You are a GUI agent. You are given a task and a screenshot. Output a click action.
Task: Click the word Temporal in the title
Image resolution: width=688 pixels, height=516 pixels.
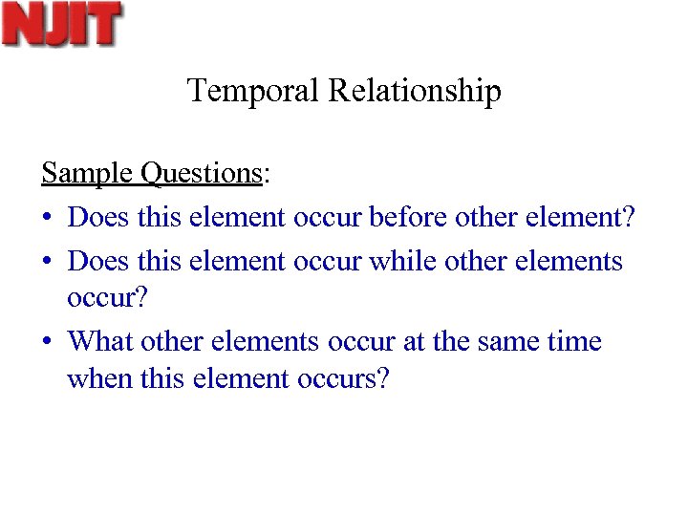[x=254, y=92]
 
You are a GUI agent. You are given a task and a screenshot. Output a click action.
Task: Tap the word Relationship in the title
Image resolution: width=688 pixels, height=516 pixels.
[x=415, y=92]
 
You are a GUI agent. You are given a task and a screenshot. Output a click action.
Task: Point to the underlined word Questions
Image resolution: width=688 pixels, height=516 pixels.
[x=201, y=174]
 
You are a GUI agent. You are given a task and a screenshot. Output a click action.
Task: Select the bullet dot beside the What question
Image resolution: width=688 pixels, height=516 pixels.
[x=47, y=342]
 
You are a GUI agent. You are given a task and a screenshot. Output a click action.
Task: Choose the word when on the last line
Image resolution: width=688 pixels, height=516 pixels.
[x=96, y=379]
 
